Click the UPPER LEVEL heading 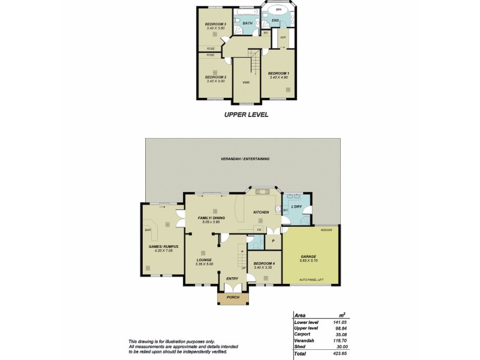pyautogui.click(x=246, y=114)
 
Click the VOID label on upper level pyautogui.click(x=246, y=82)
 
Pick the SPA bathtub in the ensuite pyautogui.click(x=277, y=11)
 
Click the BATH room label pyautogui.click(x=247, y=23)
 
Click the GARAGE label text pyautogui.click(x=310, y=256)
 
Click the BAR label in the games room pyautogui.click(x=147, y=229)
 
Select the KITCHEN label pyautogui.click(x=260, y=212)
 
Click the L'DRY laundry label pyautogui.click(x=295, y=206)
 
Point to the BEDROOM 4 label pyautogui.click(x=265, y=263)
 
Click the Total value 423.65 pyautogui.click(x=340, y=353)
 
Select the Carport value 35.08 pyautogui.click(x=340, y=334)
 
